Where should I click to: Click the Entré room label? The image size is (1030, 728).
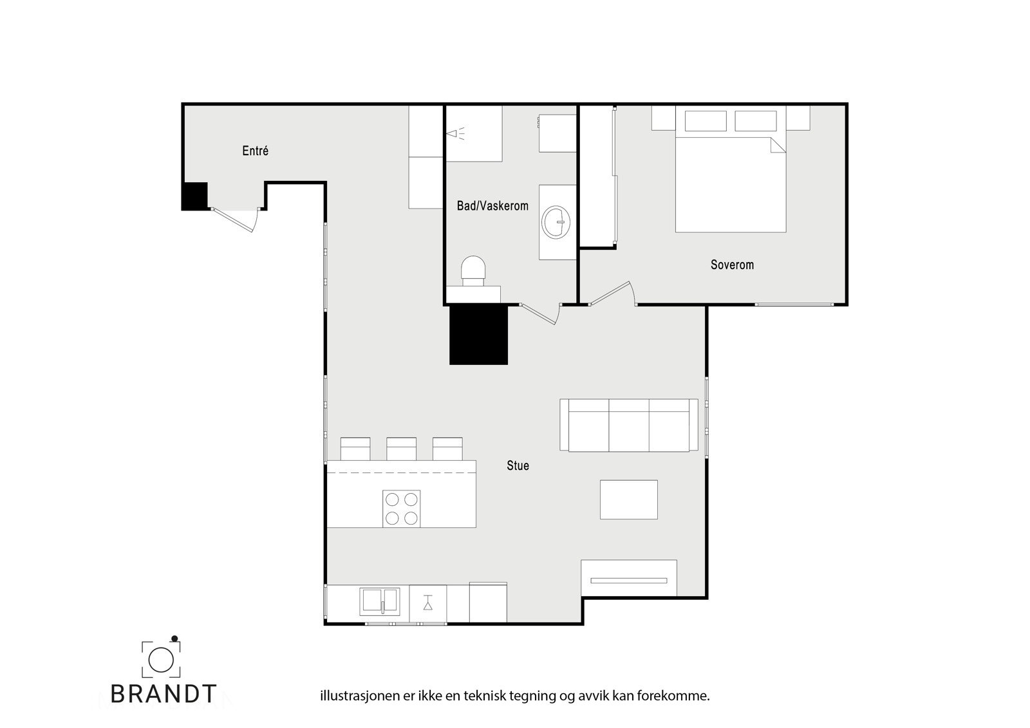coord(255,151)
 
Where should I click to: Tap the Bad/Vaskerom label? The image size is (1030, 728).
coord(492,206)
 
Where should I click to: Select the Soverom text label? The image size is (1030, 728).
coord(732,265)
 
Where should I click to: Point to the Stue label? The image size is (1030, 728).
coord(518,465)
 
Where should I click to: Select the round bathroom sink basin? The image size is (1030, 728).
coord(556,222)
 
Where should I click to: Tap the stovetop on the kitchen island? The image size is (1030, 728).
coord(402,509)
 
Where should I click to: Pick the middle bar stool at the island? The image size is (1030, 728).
coord(401,449)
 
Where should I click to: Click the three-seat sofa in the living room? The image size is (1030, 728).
coord(629,425)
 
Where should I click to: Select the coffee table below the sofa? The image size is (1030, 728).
coord(629,499)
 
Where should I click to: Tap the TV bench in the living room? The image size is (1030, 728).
coord(629,579)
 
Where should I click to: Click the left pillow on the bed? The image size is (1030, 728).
coord(706,121)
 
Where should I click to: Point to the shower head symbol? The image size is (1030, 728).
coord(454,134)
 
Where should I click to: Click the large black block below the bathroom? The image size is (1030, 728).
coord(478,335)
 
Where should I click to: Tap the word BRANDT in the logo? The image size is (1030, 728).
coord(164,693)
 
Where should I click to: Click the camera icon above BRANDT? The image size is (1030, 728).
coord(161,658)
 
